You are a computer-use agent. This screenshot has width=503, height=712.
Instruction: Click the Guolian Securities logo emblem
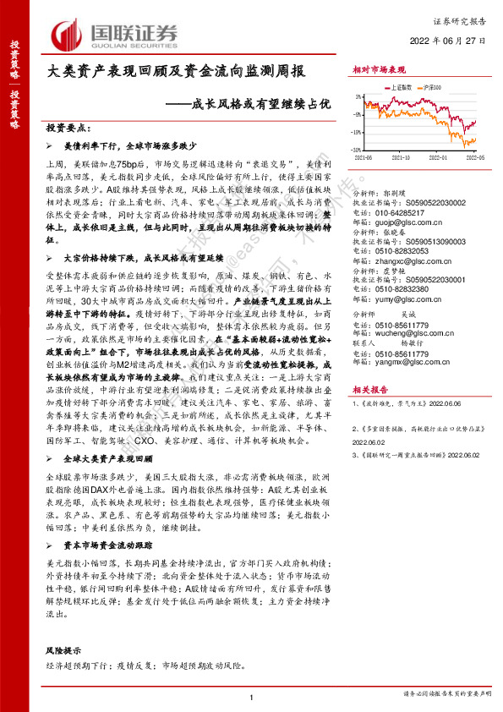pyautogui.click(x=65, y=35)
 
